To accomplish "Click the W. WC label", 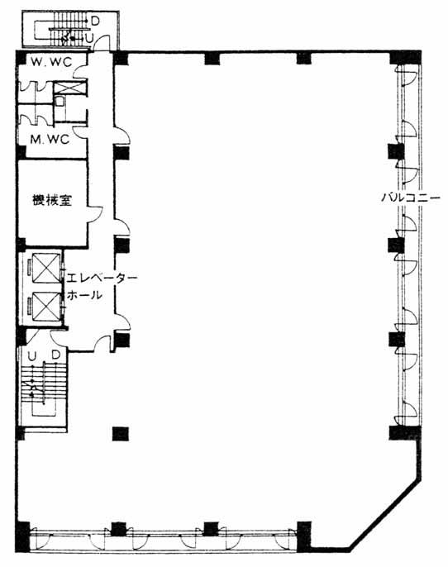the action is point(51,62).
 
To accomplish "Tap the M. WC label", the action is point(50,139).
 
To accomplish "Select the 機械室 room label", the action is point(52,200).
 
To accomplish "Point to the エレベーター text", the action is point(102,278).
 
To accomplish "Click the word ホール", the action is point(84,295).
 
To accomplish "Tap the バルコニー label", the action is point(411,198).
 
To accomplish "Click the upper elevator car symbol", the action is point(46,268).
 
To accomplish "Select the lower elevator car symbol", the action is point(46,306).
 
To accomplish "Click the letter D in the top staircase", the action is point(95,21).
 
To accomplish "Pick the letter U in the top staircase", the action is point(89,38).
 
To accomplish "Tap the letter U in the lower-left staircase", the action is point(31,356).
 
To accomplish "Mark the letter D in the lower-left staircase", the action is point(55,355).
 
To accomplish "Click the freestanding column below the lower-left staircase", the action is point(121,434).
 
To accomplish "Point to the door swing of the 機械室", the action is point(96,214).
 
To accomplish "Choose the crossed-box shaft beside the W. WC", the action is point(69,88).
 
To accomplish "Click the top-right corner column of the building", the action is point(405,57).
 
